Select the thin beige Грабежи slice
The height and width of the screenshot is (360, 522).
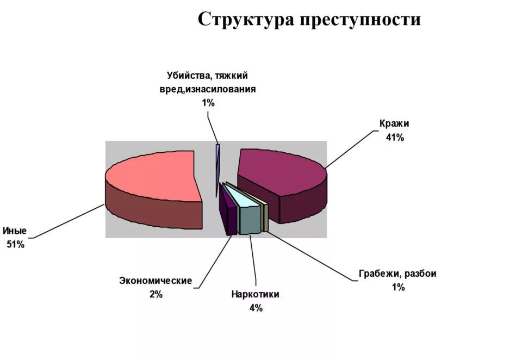tap(265, 215)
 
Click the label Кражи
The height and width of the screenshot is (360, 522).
tap(394, 123)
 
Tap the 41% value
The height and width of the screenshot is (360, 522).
tap(395, 138)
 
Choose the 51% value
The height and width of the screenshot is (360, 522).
tap(15, 245)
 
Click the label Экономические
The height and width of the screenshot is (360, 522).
tap(156, 281)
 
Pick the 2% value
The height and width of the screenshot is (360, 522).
tap(156, 295)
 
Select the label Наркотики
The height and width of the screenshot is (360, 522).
tap(255, 294)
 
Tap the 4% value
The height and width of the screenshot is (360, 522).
tap(256, 308)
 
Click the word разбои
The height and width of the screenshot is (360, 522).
tap(420, 274)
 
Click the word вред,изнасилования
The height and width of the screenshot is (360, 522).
tap(208, 89)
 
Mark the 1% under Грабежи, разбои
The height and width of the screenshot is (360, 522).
tap(398, 288)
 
